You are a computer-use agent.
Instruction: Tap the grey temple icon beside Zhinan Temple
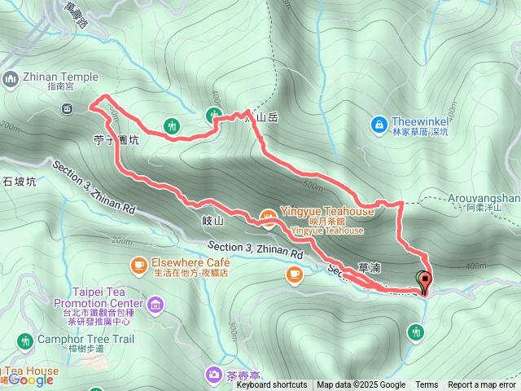pyautogui.click(x=11, y=78)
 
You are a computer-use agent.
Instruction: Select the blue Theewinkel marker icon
pyautogui.click(x=378, y=124)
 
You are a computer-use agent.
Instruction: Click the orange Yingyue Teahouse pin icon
pyautogui.click(x=266, y=216)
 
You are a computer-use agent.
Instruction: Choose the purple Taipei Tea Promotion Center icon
pyautogui.click(x=155, y=305)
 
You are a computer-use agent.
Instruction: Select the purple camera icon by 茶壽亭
pyautogui.click(x=213, y=374)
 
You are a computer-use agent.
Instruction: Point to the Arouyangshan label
pyautogui.click(x=484, y=197)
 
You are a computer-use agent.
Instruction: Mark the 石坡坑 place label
pyautogui.click(x=20, y=182)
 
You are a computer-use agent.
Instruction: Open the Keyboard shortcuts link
pyautogui.click(x=272, y=385)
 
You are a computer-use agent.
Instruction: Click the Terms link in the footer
pyautogui.click(x=427, y=385)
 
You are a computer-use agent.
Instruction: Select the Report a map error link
pyautogui.click(x=483, y=385)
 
